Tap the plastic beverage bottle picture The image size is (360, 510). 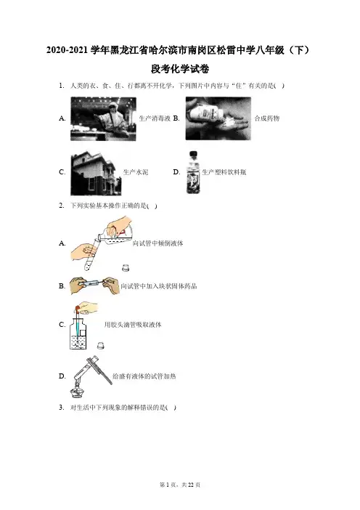pos(192,172)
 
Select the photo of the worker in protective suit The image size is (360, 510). pos(103,118)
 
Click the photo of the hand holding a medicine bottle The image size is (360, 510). pos(218,118)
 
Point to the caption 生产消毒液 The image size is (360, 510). pos(155,118)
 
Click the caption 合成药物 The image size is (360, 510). pos(267,118)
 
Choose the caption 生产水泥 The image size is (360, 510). pos(136,172)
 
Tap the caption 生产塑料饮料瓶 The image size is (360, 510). pos(224,172)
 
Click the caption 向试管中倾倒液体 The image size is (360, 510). pos(158,243)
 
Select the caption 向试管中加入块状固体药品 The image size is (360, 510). pos(159,286)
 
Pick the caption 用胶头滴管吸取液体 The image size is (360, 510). pos(133,325)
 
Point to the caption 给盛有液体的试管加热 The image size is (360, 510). pos(144,376)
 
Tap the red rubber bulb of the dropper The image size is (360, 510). pos(78,307)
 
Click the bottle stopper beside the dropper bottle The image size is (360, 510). pos(101,345)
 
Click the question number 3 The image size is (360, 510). pos(62,408)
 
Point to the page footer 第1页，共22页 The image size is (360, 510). pos(180,485)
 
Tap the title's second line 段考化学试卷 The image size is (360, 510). pos(180,69)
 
